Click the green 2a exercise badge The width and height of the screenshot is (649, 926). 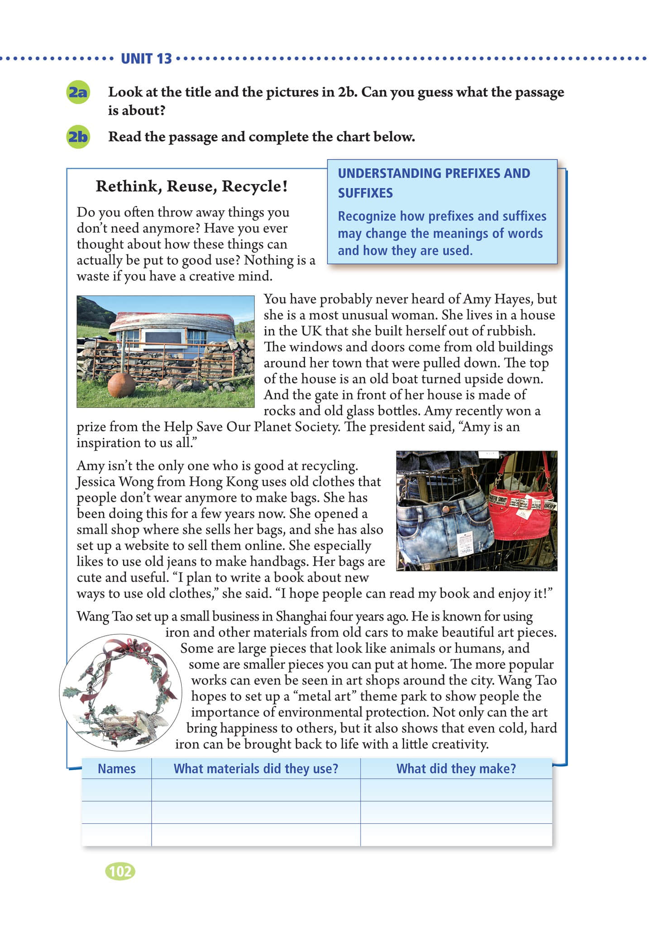(x=78, y=92)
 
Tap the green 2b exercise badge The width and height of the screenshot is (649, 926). (x=78, y=137)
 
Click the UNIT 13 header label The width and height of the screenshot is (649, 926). (x=146, y=59)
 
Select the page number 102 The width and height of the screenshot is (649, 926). (x=120, y=871)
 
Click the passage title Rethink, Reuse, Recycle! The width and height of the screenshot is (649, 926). (x=191, y=186)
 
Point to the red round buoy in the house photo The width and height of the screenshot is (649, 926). (x=121, y=385)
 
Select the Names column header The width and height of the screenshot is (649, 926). (x=117, y=769)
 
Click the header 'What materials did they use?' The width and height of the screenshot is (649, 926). (x=256, y=769)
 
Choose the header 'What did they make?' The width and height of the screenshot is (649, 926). (x=456, y=769)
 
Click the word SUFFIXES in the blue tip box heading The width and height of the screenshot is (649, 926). (x=365, y=193)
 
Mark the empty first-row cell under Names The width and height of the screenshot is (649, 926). (x=117, y=790)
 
